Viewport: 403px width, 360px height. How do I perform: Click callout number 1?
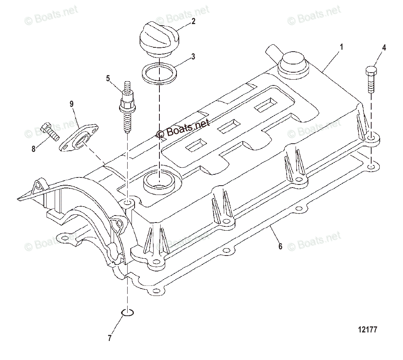click(x=341, y=47)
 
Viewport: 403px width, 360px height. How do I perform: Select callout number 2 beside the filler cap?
click(x=193, y=22)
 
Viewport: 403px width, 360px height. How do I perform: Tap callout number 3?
click(x=193, y=57)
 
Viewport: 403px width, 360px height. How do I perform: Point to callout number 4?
click(x=384, y=48)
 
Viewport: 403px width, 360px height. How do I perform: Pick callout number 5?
click(x=108, y=78)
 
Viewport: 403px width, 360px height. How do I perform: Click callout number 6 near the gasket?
click(x=280, y=246)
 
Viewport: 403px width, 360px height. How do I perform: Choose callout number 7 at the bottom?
click(x=110, y=338)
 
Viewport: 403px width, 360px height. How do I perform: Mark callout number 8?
click(x=33, y=149)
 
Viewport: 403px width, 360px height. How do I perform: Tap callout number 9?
click(x=71, y=104)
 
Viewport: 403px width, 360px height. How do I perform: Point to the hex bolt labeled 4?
click(x=370, y=80)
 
